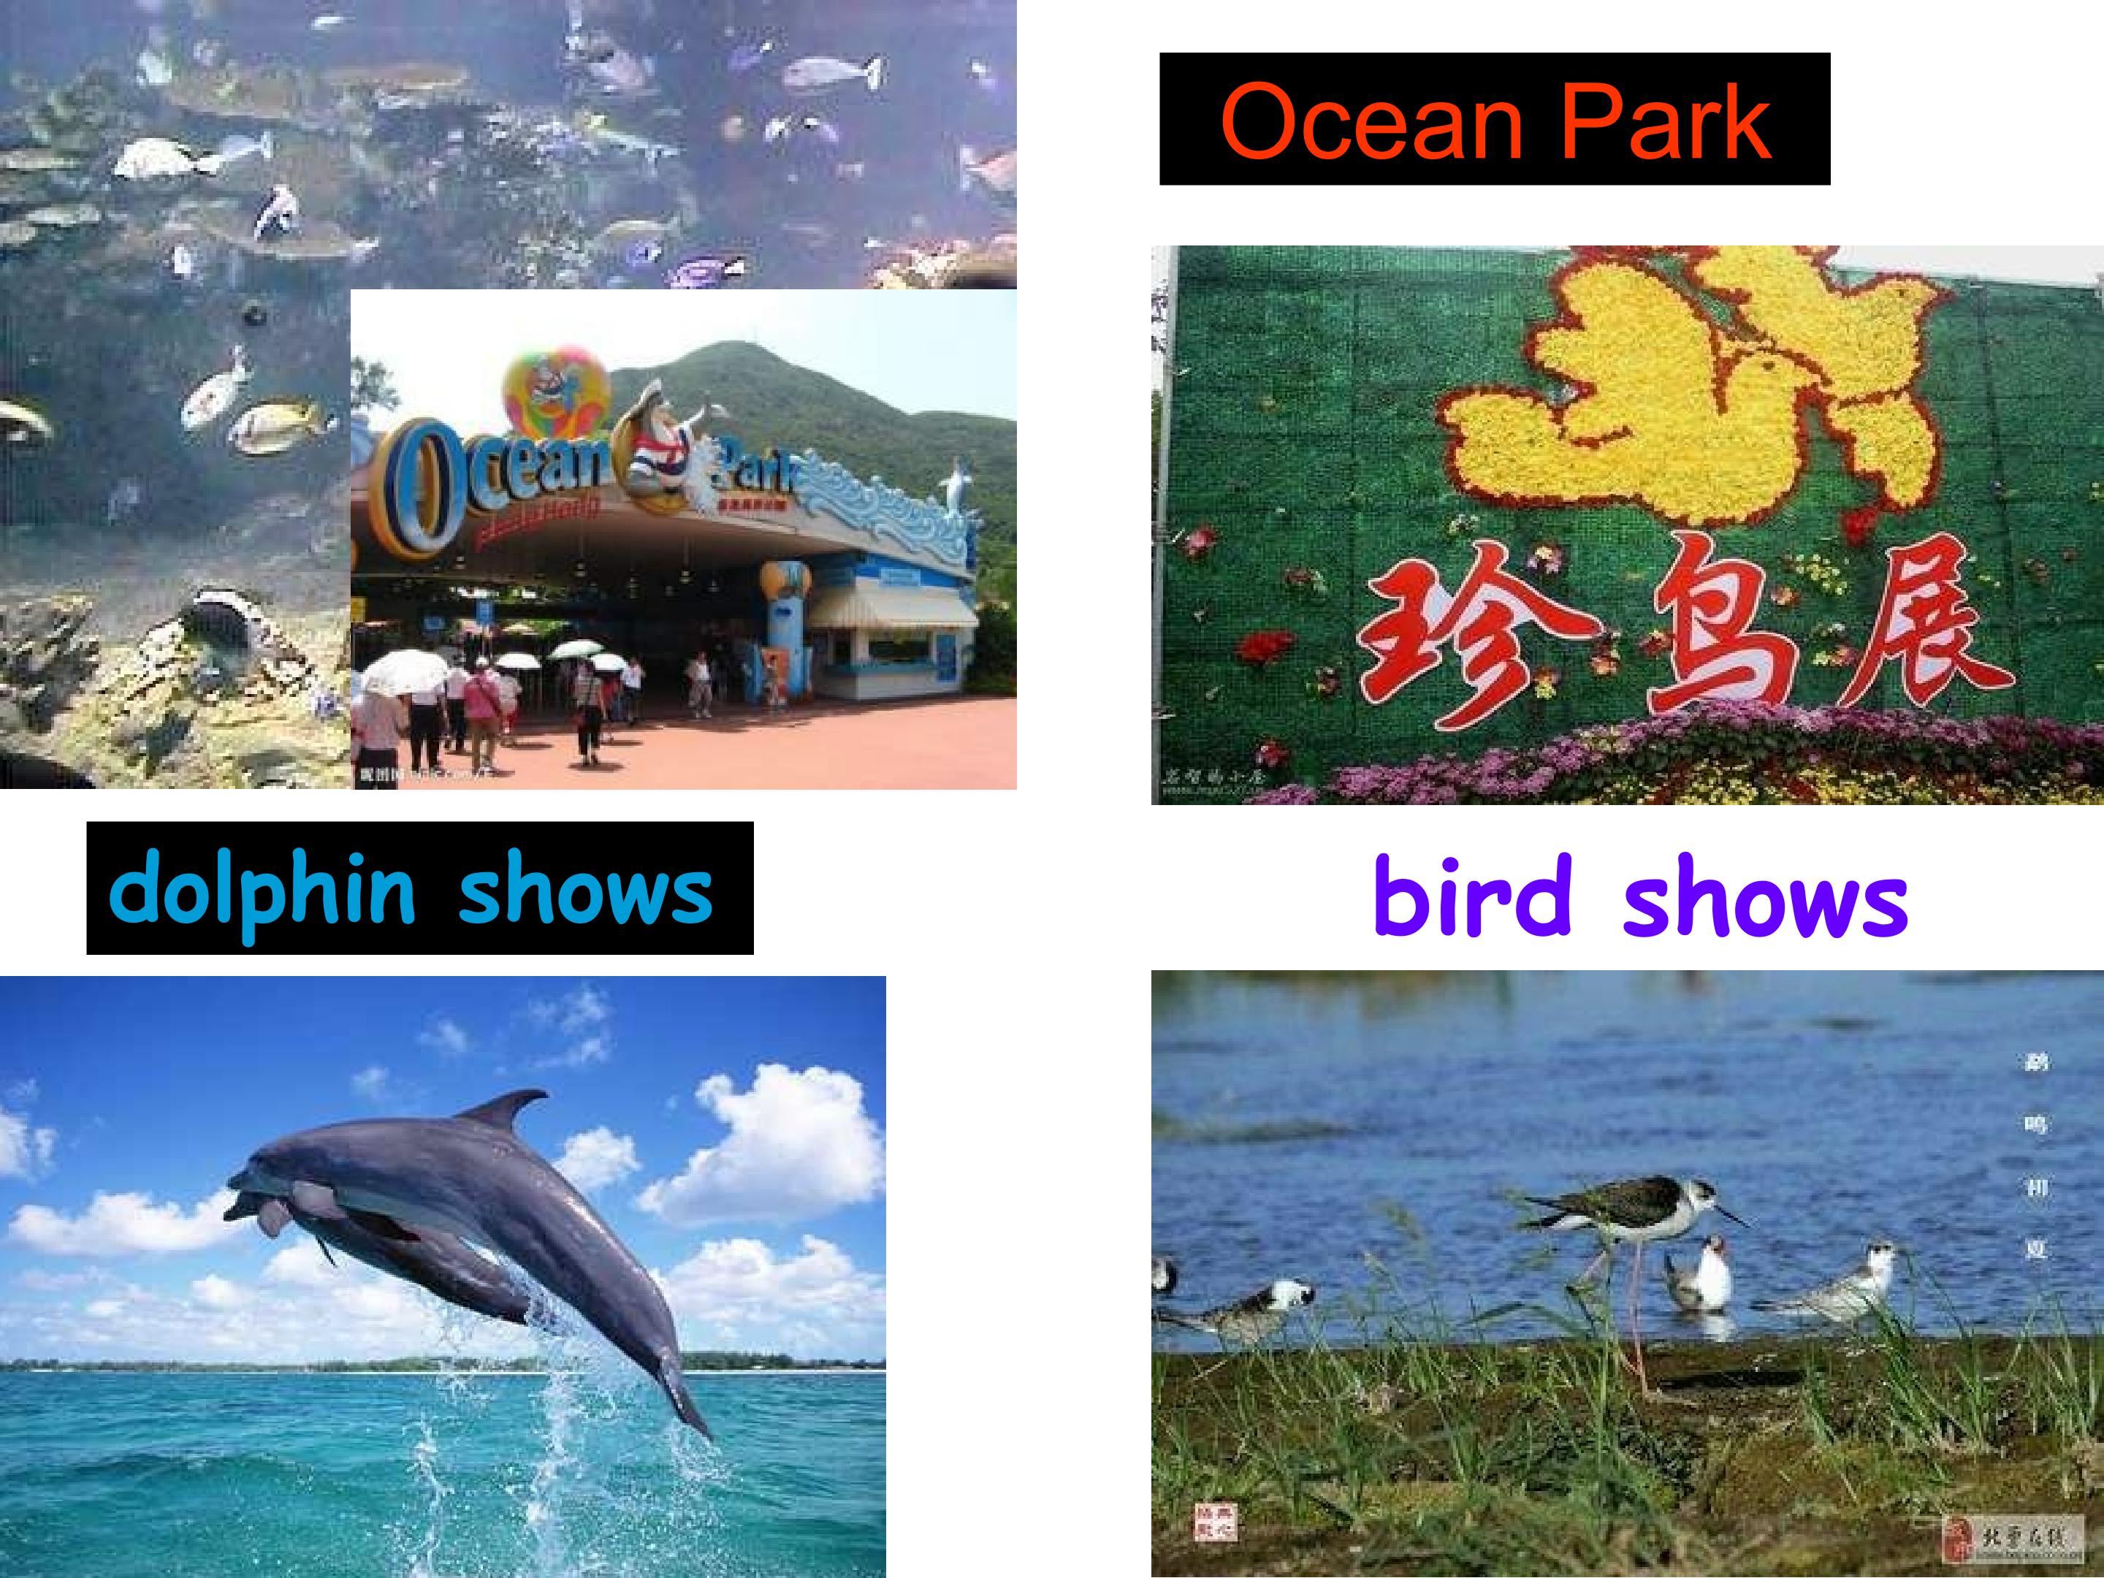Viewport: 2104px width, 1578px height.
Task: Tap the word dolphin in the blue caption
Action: (262, 891)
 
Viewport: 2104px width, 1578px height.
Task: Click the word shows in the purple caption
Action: (1765, 900)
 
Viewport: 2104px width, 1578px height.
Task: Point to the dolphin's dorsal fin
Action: (505, 1108)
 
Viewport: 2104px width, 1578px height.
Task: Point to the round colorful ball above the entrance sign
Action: (557, 385)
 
